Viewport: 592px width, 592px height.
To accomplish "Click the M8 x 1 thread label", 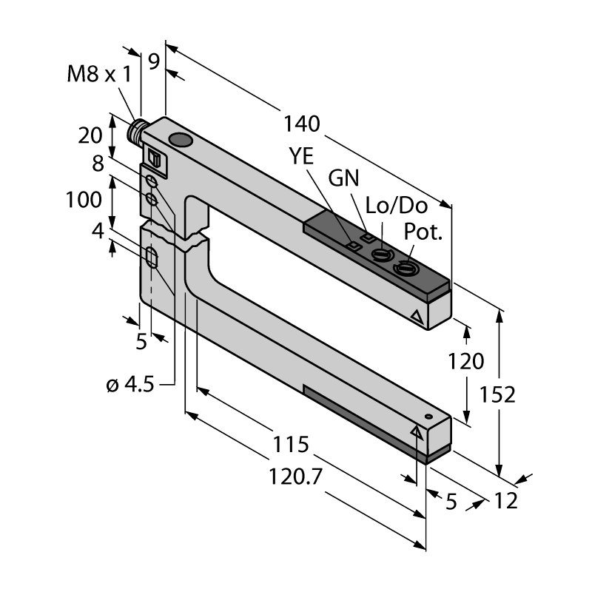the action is click(x=99, y=74).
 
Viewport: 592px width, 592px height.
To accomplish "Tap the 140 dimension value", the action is click(x=302, y=124).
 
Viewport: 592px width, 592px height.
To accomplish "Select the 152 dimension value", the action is click(x=497, y=395).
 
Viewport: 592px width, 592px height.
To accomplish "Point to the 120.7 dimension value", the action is click(x=295, y=477).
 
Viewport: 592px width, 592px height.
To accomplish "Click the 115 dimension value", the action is click(x=291, y=445).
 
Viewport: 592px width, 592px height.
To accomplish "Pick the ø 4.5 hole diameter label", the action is click(x=130, y=385).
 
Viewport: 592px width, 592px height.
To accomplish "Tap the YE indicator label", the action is click(x=301, y=156).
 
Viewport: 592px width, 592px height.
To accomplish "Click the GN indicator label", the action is click(x=343, y=178).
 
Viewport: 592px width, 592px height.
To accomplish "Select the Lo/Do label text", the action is click(x=397, y=206).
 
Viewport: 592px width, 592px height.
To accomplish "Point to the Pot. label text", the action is click(x=423, y=232).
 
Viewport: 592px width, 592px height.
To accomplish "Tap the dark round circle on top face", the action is click(x=181, y=140).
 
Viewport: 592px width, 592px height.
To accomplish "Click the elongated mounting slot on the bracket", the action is click(x=152, y=258).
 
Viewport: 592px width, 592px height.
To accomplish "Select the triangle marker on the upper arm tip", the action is click(x=417, y=317).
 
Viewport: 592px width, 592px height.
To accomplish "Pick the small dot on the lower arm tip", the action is click(x=428, y=417).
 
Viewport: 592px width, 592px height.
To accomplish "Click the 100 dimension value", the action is click(x=84, y=200).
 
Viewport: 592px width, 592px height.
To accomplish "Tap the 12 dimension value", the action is click(x=506, y=501).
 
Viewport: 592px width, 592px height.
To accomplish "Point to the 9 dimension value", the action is click(x=154, y=61).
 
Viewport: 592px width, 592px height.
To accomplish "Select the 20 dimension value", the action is click(x=90, y=135).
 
